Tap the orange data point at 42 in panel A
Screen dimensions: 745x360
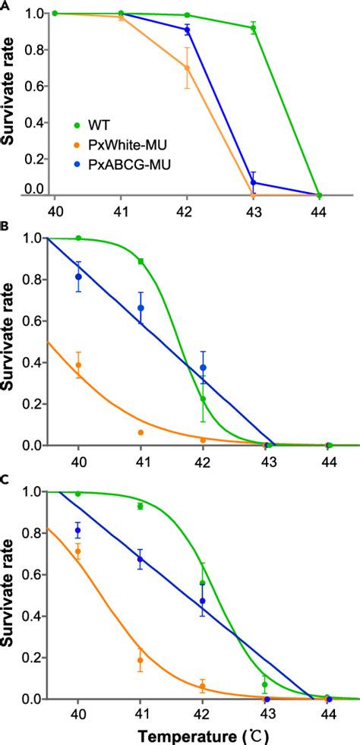coord(187,68)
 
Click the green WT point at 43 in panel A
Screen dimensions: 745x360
coord(254,28)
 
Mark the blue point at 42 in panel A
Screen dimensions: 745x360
coord(188,30)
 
